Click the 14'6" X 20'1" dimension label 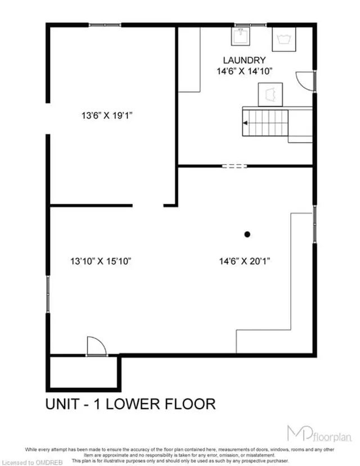click(x=247, y=261)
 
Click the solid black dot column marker click(x=246, y=234)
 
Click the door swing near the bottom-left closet click(x=94, y=345)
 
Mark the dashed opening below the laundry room click(x=234, y=166)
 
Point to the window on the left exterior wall click(x=48, y=294)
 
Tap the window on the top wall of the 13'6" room click(x=105, y=25)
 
